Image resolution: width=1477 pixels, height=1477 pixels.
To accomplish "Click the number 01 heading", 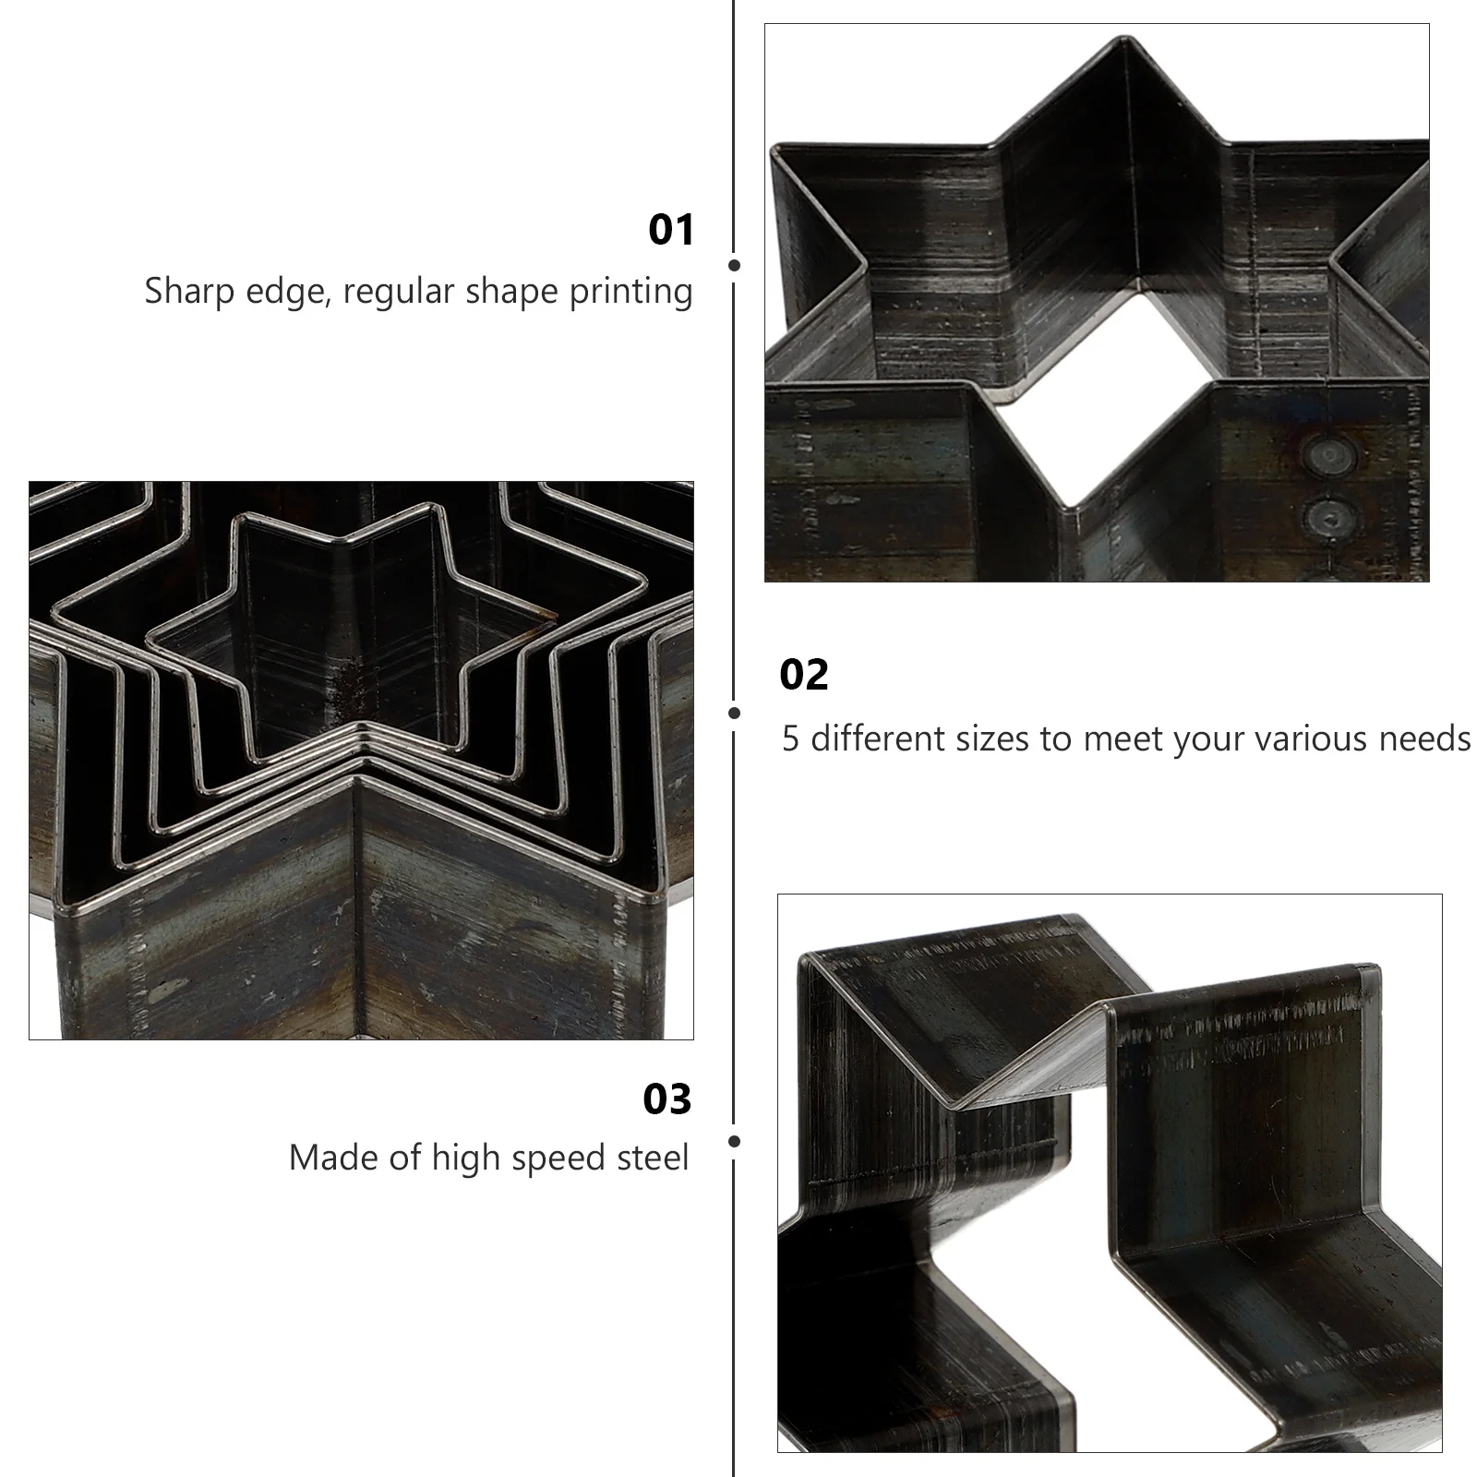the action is point(671,230).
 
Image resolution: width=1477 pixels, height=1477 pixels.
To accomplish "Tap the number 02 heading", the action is point(804,675).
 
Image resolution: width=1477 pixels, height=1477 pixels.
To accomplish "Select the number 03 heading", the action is point(667,1099).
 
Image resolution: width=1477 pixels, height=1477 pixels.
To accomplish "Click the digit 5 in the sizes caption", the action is point(790,739).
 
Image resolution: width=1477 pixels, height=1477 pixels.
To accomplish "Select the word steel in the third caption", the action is point(654,1158).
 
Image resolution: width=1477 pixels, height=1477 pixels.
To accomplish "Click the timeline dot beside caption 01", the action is point(735,265).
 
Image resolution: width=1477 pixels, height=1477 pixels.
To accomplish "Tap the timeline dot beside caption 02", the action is point(735,713).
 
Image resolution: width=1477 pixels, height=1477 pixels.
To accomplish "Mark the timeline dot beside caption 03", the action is point(735,1142).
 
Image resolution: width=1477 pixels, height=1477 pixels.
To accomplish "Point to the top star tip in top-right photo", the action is point(1123,39).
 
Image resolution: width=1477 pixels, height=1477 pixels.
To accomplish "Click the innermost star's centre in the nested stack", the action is point(351,637).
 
